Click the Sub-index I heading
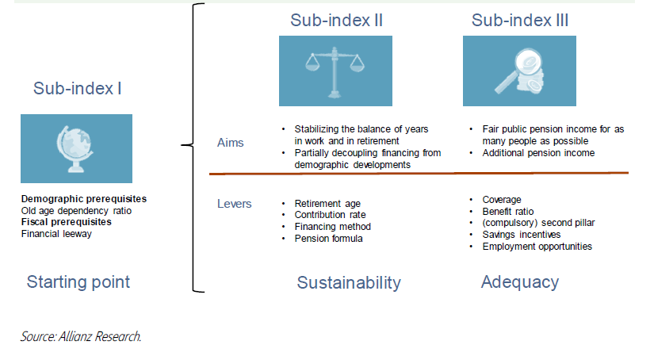[77, 88]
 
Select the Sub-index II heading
[336, 21]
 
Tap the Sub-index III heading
[520, 21]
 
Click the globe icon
[76, 149]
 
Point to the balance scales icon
[335, 71]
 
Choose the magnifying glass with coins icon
[519, 71]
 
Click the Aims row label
[231, 143]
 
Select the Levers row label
[234, 204]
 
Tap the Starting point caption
[78, 281]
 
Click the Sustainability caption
[349, 283]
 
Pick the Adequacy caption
[520, 281]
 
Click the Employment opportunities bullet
[537, 247]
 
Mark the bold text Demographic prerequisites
[84, 198]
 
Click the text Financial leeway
[57, 234]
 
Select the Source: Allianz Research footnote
[81, 337]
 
